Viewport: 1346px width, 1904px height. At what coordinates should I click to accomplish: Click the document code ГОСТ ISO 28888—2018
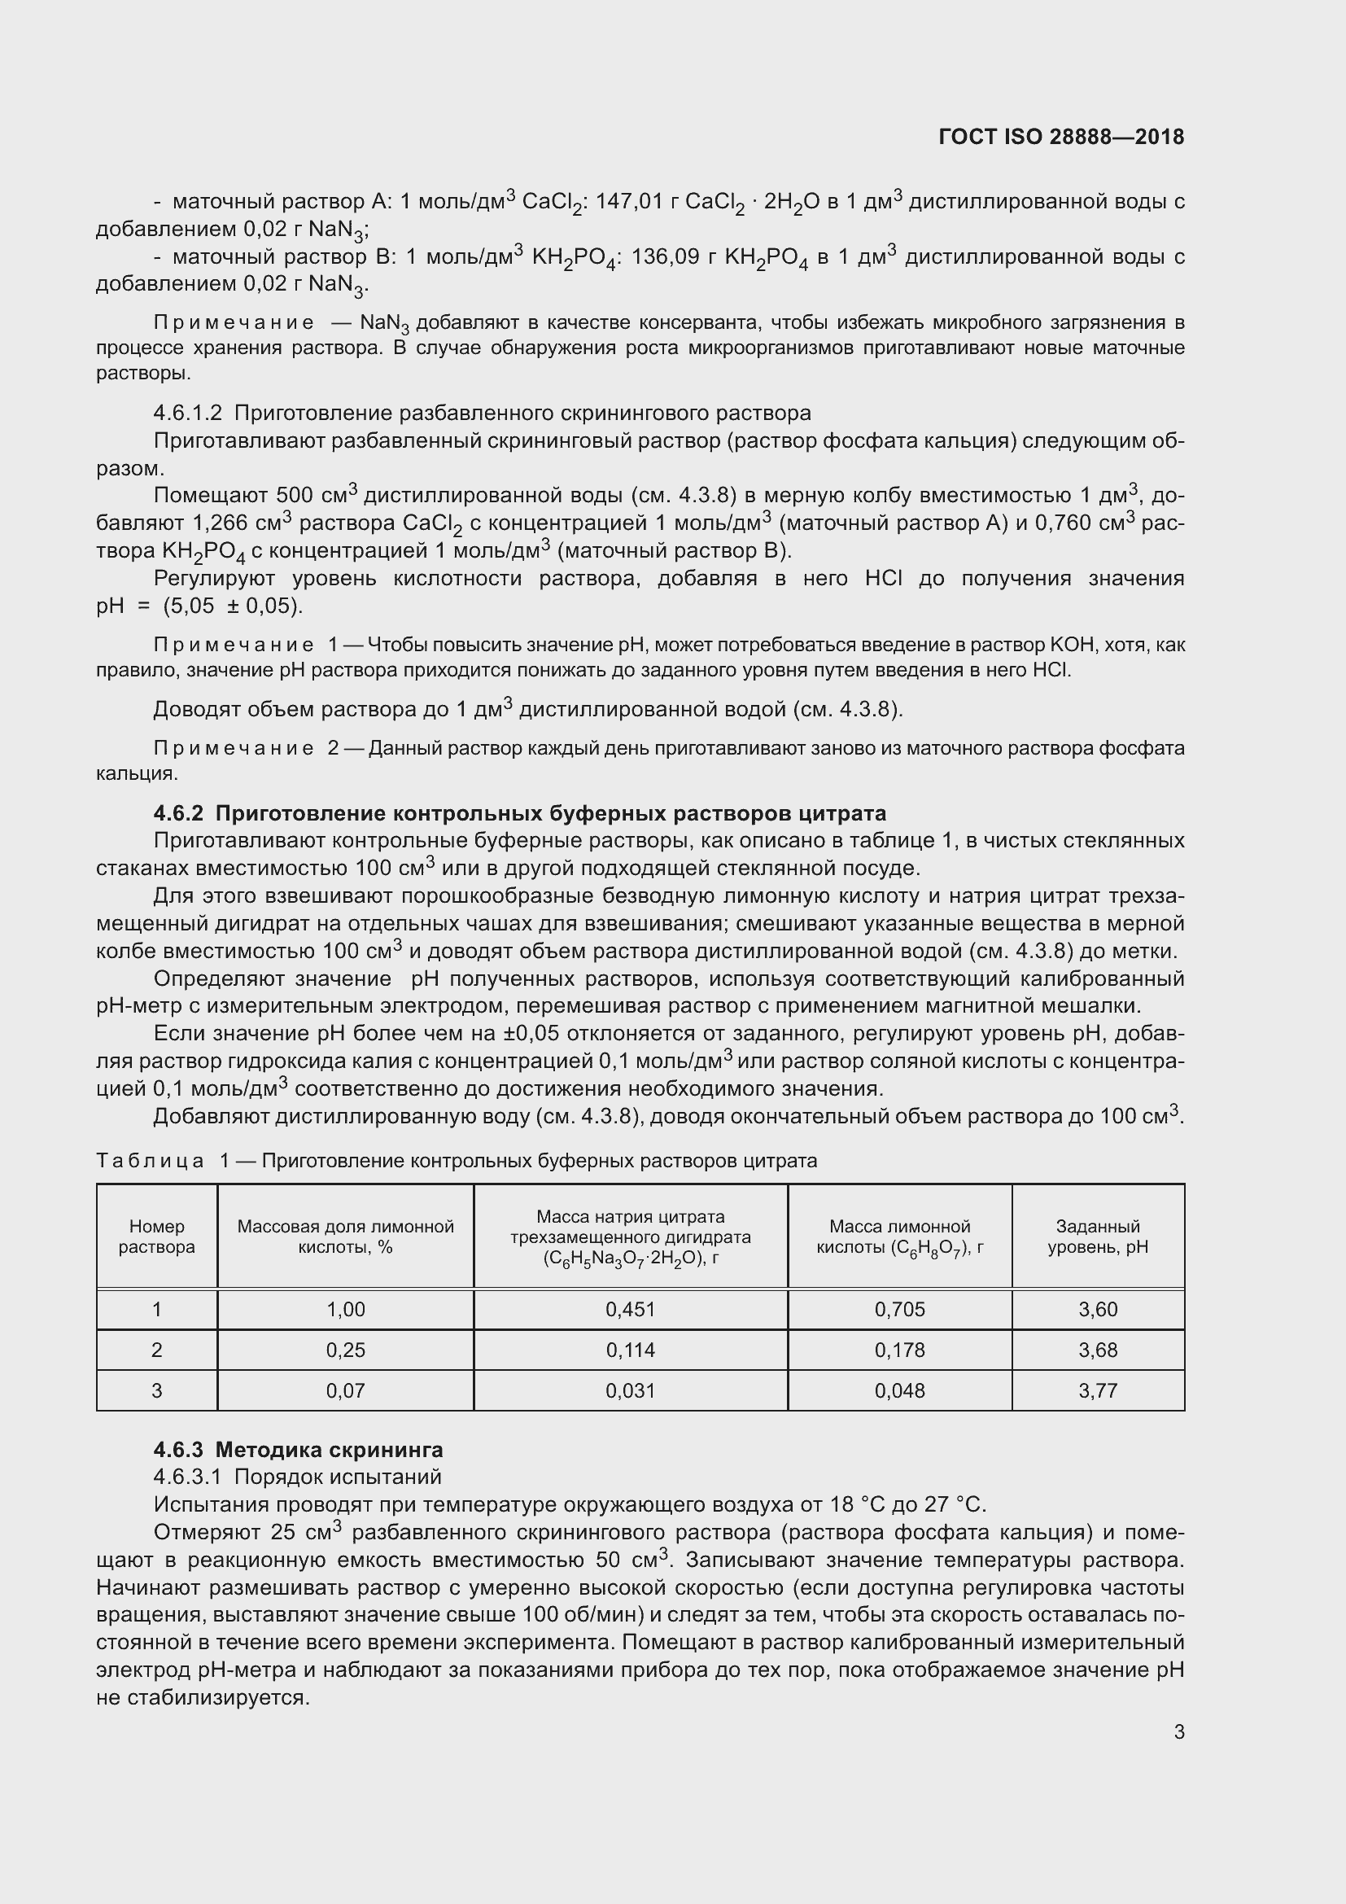point(1061,137)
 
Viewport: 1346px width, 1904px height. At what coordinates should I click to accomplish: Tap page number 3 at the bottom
point(1178,1731)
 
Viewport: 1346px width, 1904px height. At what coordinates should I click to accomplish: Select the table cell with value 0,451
point(630,1310)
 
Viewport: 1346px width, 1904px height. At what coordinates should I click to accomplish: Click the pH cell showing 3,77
point(1097,1390)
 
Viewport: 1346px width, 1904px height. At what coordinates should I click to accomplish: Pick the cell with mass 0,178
point(899,1350)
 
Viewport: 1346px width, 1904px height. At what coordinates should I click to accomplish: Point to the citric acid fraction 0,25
point(345,1350)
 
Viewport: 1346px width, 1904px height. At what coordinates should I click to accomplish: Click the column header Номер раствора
point(156,1237)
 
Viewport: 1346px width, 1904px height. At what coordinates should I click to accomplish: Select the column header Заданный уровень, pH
point(1097,1237)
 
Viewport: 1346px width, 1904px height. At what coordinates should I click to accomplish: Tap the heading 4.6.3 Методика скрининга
point(299,1450)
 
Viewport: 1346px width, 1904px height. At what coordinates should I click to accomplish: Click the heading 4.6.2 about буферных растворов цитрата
point(520,812)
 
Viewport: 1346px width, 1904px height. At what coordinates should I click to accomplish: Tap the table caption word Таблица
point(150,1160)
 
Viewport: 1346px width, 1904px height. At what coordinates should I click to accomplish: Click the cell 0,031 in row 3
point(630,1390)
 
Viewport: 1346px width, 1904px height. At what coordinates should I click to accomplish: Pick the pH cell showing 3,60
point(1097,1310)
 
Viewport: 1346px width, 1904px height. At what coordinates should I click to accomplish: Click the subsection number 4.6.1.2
point(187,413)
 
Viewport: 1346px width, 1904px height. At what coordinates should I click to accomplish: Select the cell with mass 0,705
point(899,1310)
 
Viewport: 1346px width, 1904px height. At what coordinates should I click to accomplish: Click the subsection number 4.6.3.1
point(187,1477)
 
